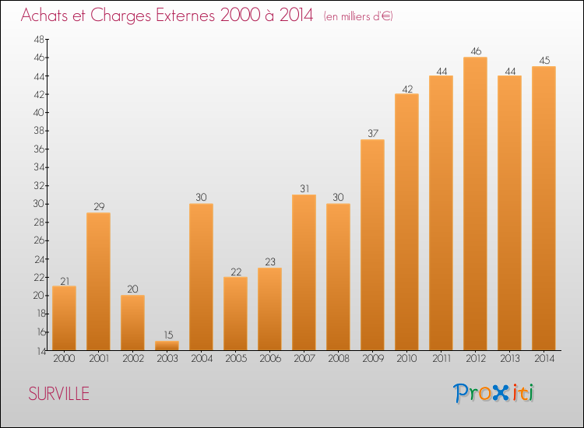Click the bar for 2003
click(x=167, y=346)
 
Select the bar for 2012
click(x=475, y=204)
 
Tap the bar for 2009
click(x=372, y=245)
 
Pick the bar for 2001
click(x=98, y=282)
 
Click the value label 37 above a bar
click(x=372, y=133)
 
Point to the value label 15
click(x=167, y=335)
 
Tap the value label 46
click(x=475, y=51)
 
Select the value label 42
click(x=406, y=88)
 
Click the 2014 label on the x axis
click(x=544, y=359)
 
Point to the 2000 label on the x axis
click(x=64, y=359)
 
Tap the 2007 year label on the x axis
click(x=304, y=359)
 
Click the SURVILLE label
click(x=58, y=394)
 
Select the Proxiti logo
click(x=493, y=393)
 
